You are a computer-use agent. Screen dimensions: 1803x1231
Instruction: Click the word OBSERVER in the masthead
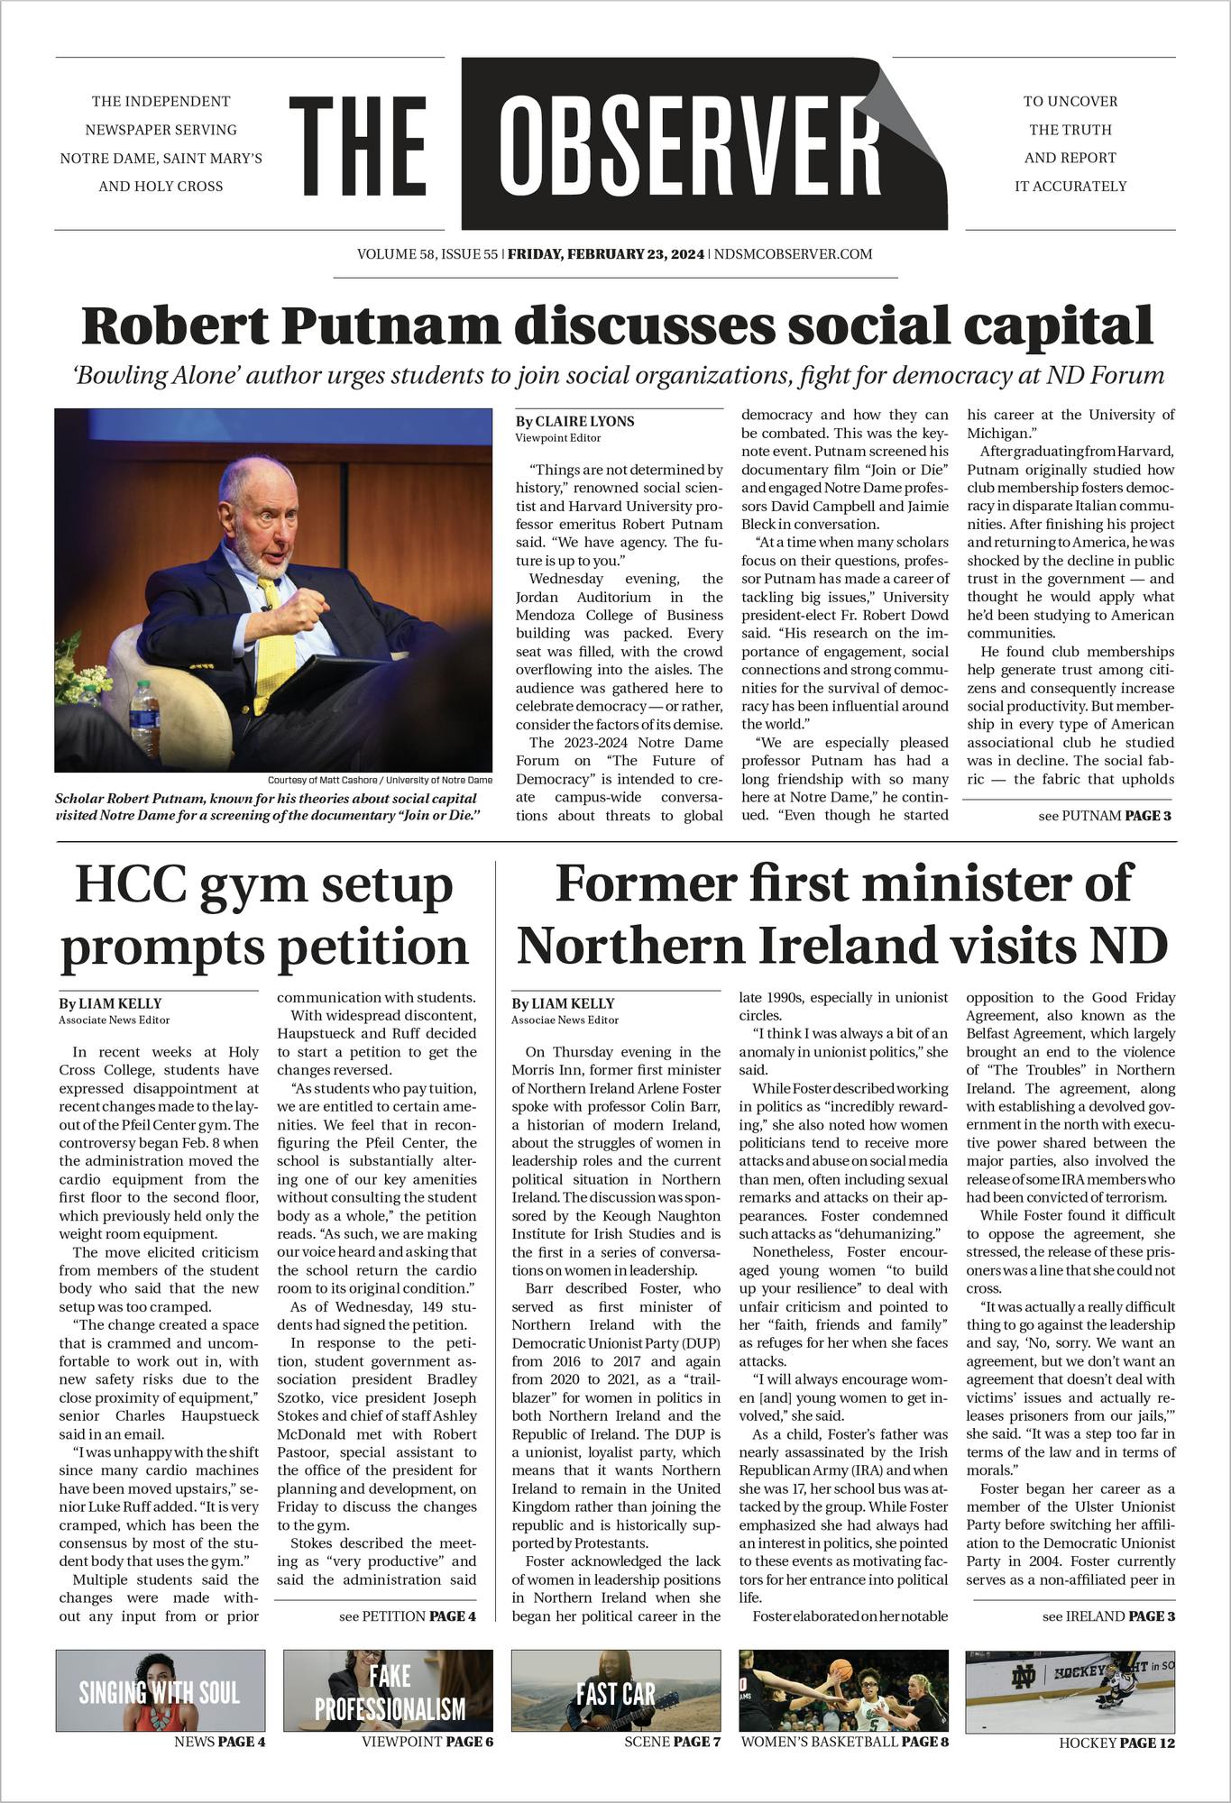pos(690,143)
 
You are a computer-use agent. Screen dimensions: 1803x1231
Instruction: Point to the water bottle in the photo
pos(142,716)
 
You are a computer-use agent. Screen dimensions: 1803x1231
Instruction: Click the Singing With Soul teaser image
pos(161,1691)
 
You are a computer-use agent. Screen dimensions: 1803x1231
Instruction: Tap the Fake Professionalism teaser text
pos(389,1693)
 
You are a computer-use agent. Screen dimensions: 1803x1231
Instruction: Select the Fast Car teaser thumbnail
pos(616,1691)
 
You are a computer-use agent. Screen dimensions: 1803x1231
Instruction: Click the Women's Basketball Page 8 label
pos(844,1742)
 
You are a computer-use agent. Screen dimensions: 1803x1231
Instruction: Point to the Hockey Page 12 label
pos(1116,1743)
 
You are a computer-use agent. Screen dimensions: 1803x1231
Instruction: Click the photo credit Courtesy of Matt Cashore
pos(380,779)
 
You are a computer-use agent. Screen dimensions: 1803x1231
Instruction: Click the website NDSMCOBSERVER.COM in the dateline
pos(793,254)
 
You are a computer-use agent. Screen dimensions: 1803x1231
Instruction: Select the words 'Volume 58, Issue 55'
pos(427,254)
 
